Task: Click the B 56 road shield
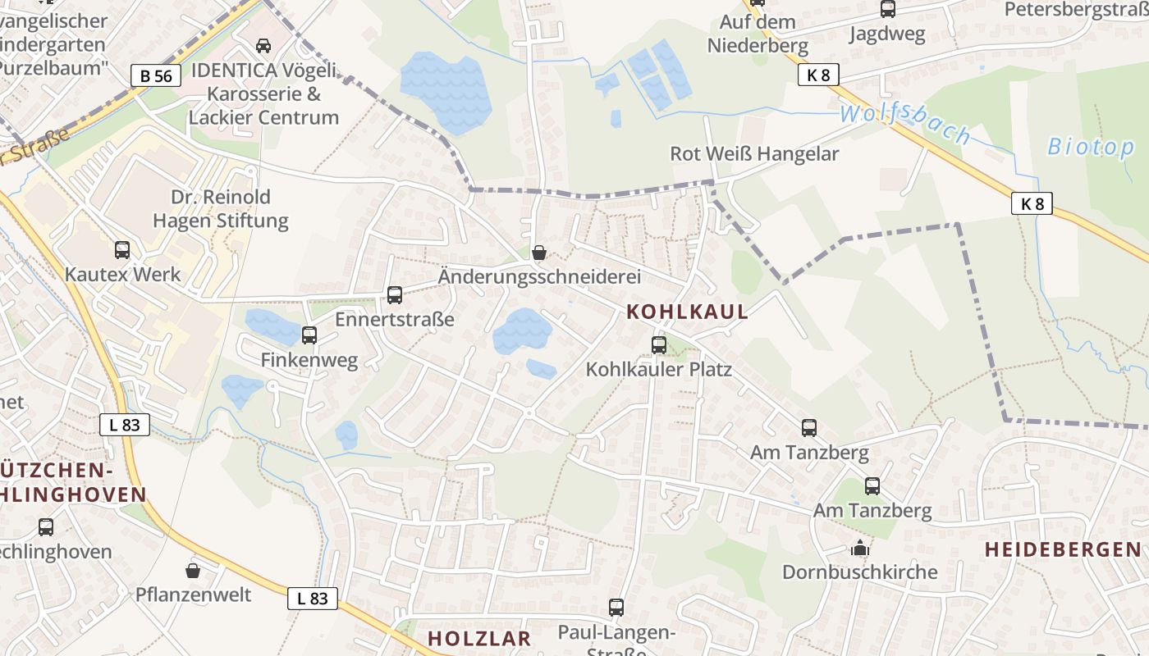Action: click(156, 76)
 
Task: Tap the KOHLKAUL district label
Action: click(688, 312)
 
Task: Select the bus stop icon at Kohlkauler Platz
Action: click(659, 345)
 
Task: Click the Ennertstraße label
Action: click(394, 319)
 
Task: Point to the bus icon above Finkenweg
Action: click(309, 335)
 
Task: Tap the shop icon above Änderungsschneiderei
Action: click(539, 253)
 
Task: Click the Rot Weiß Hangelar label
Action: click(754, 154)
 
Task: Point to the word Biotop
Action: click(1091, 148)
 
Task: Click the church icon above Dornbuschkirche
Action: click(860, 548)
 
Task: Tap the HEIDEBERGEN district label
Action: click(1063, 549)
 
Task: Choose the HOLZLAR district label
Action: click(479, 638)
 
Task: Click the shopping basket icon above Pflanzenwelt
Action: click(193, 570)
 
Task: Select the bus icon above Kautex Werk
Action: click(122, 250)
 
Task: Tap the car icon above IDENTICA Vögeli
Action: click(263, 46)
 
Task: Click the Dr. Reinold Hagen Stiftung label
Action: click(221, 209)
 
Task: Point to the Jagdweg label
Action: click(887, 34)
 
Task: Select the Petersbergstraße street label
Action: click(1076, 9)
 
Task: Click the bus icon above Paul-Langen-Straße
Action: click(616, 608)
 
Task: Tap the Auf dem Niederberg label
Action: click(758, 34)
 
